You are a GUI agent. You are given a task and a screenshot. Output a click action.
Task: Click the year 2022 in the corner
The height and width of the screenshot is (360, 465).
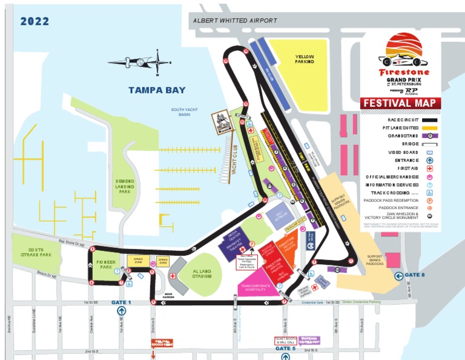pos(35,22)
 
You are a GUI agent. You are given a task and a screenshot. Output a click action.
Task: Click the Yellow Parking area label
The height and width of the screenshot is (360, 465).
pos(304,59)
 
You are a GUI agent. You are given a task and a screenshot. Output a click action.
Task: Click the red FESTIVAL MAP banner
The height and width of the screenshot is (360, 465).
pos(401,103)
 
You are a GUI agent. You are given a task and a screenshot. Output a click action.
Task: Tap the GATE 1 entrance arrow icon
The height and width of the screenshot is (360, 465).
pos(121,311)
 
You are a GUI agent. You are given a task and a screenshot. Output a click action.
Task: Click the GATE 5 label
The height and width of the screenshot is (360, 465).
pos(285,348)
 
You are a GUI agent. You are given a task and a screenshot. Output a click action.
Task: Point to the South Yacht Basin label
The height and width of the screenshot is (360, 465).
pos(184,112)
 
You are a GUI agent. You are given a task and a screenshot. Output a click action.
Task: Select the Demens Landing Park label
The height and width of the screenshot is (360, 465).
pos(124,186)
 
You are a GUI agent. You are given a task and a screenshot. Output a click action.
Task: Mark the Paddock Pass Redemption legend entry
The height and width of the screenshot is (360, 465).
pos(401,199)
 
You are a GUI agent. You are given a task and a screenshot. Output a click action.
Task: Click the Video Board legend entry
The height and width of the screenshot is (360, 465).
pos(403,152)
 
